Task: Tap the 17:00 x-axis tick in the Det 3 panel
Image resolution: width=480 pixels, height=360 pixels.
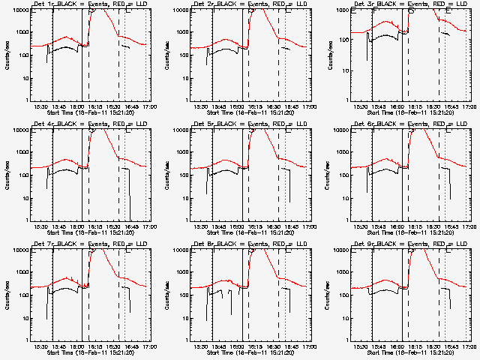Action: (x=468, y=107)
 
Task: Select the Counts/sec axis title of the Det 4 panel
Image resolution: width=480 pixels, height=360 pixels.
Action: (x=7, y=174)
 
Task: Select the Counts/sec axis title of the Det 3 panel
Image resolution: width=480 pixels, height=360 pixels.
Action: (x=327, y=54)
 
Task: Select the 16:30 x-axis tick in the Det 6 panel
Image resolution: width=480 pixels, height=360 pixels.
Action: (x=433, y=227)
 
